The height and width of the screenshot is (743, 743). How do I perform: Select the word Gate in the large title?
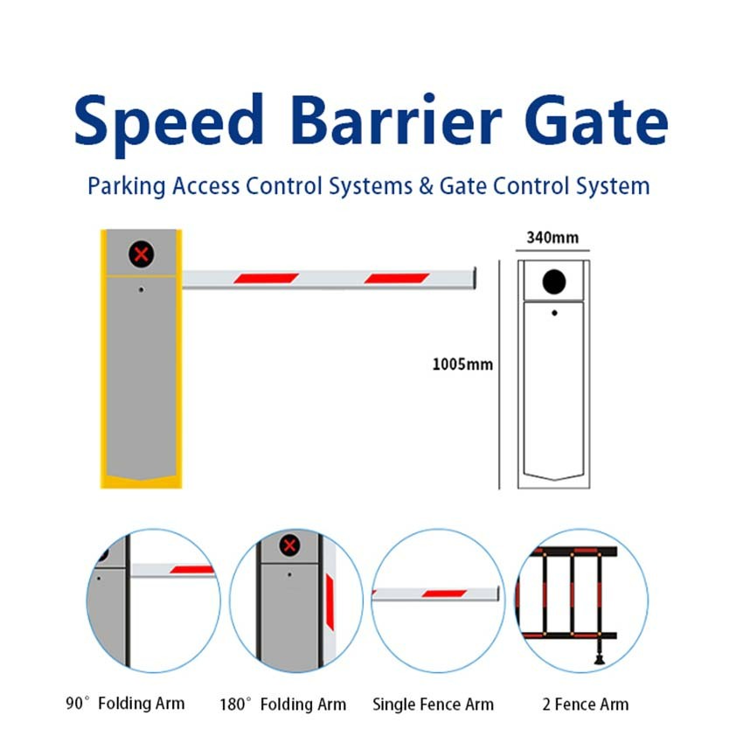coord(596,120)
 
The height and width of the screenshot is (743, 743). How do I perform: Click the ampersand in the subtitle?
coord(426,185)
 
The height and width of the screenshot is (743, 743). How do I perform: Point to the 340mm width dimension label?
coord(552,238)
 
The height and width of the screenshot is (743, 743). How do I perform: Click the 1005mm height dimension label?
coord(462,365)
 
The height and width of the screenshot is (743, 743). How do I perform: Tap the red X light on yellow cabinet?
coord(142,254)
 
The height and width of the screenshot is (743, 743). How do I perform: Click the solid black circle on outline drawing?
coord(554,281)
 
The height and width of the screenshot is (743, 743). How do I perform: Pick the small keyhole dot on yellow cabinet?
coord(141,289)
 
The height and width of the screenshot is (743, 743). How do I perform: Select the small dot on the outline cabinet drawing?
coord(554,313)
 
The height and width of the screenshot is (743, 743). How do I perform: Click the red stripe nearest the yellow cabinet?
coord(266,278)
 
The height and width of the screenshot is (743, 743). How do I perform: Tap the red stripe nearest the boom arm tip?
coord(397,278)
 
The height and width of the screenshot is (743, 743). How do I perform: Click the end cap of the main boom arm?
coord(475,278)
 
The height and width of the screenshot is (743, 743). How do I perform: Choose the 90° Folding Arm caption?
coord(125,703)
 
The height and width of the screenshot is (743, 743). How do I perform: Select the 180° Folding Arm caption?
coord(283,705)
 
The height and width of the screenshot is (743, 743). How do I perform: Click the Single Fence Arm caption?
coord(433,705)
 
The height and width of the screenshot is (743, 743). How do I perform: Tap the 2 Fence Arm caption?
coord(586,705)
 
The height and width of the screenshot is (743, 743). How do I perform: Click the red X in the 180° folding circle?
coord(289,545)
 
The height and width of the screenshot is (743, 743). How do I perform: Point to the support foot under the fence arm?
coord(600,659)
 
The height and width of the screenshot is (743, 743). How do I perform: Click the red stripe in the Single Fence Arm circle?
coord(444,594)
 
